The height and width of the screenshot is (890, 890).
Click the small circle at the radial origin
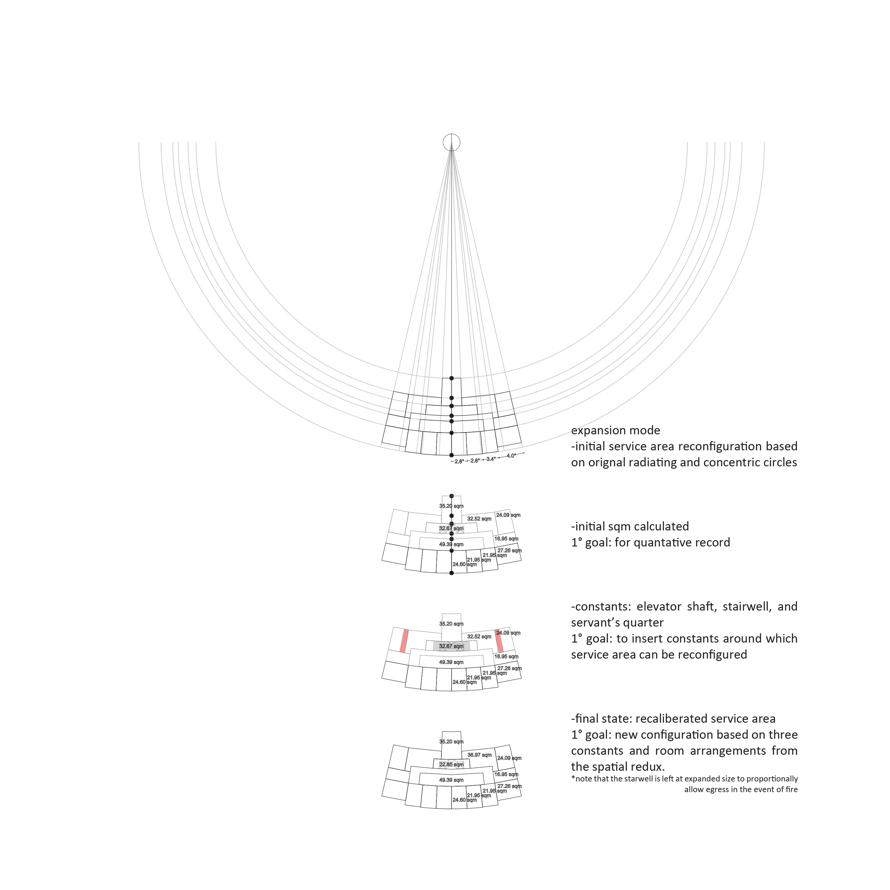451,142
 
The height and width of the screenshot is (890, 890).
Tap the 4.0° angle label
511,456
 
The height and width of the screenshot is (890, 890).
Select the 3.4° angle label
491,459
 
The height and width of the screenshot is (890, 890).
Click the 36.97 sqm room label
479,755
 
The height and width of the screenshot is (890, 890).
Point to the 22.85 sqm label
451,765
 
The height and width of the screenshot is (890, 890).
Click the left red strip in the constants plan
404,641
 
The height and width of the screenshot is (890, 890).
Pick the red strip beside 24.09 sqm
499,641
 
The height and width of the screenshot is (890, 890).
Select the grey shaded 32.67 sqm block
451,646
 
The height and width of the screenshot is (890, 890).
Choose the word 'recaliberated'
669,719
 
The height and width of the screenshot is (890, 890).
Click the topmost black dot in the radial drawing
451,378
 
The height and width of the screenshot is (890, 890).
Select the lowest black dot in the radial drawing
451,455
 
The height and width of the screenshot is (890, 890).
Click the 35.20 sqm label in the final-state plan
451,742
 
